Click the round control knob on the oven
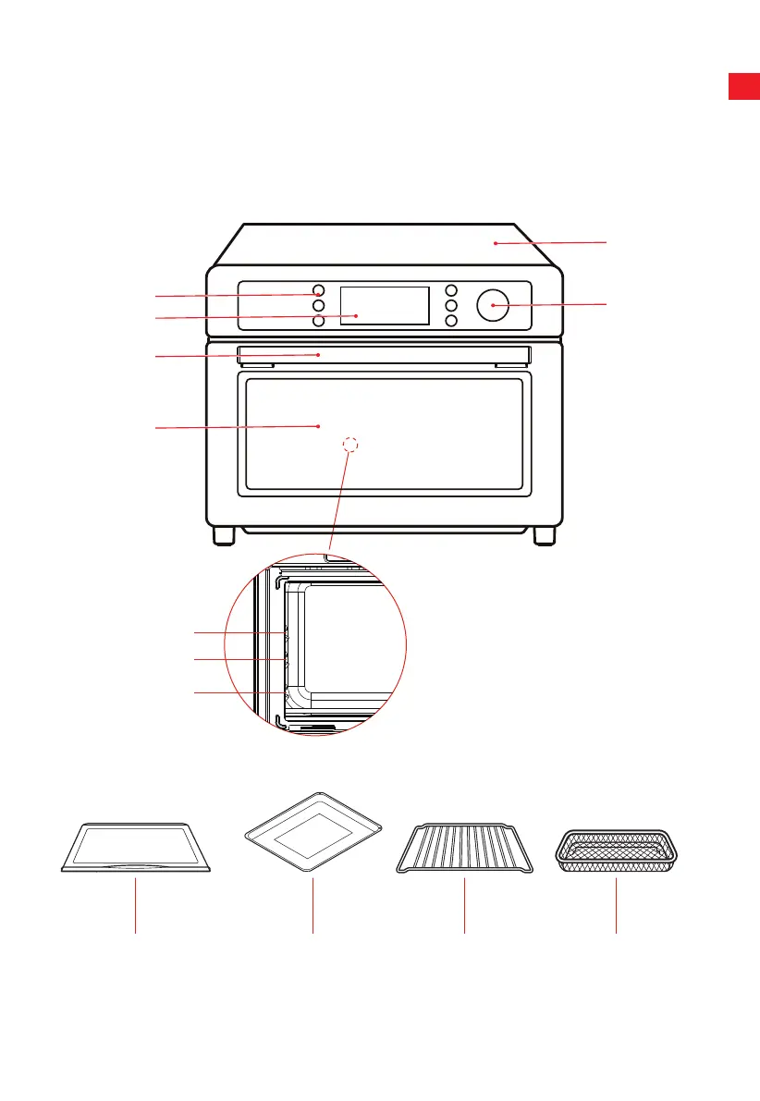pyautogui.click(x=493, y=305)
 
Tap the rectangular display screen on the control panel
pyautogui.click(x=385, y=305)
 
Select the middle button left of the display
pyautogui.click(x=318, y=305)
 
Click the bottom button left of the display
pyautogui.click(x=318, y=321)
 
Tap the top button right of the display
pyautogui.click(x=451, y=289)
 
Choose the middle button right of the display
pyautogui.click(x=451, y=305)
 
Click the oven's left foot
pyautogui.click(x=224, y=535)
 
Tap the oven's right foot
pyautogui.click(x=545, y=535)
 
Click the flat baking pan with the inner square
pyautogui.click(x=313, y=836)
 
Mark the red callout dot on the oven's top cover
pyautogui.click(x=496, y=243)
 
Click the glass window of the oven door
pyautogui.click(x=384, y=434)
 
